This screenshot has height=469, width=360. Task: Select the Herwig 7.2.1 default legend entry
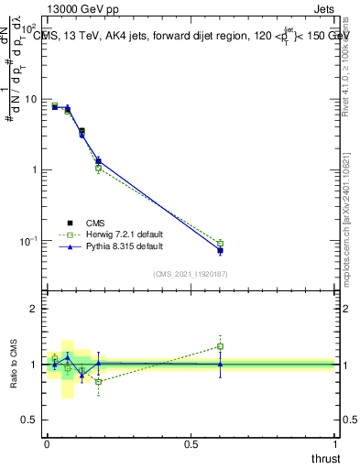117,234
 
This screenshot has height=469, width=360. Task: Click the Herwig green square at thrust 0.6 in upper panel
220,243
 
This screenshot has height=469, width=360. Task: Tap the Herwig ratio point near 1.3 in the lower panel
220,346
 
